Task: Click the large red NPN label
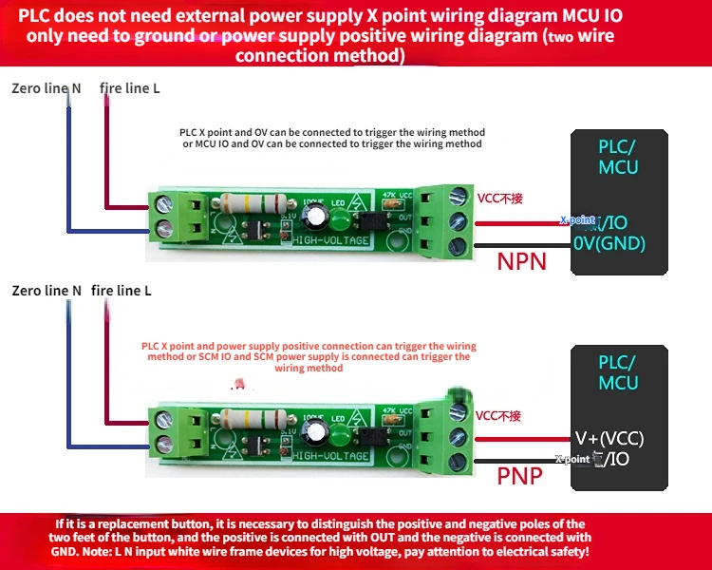click(521, 259)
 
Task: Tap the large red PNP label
click(520, 474)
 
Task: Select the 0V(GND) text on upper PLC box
click(609, 243)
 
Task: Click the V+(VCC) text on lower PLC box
click(609, 438)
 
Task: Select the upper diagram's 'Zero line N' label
click(46, 88)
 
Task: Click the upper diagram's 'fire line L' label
click(130, 88)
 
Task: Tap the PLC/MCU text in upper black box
click(618, 158)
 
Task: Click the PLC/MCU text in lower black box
click(618, 372)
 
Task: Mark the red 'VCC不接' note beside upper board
click(499, 199)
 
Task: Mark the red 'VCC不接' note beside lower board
click(499, 415)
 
